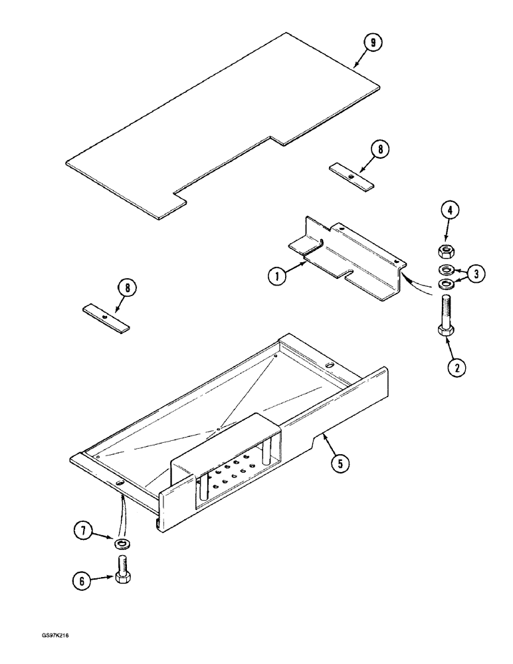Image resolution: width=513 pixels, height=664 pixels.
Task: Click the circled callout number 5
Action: (340, 464)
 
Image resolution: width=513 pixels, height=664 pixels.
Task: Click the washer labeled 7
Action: (122, 544)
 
